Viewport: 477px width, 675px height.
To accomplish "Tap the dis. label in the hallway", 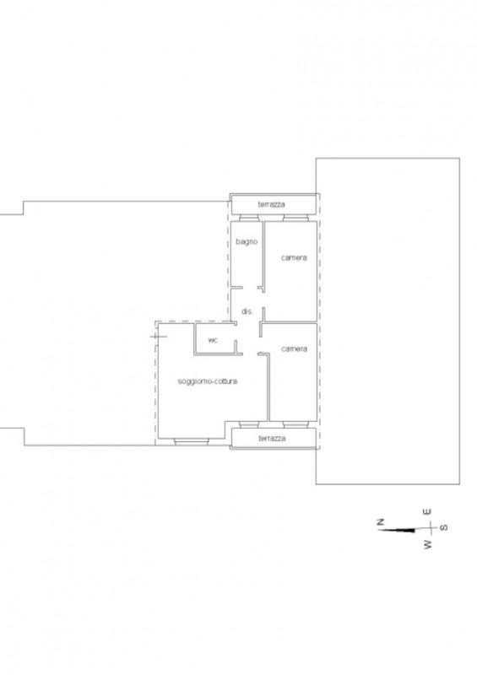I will [x=247, y=311].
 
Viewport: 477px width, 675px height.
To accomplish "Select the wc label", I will [x=213, y=340].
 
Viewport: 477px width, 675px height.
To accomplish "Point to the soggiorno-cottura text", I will [x=207, y=381].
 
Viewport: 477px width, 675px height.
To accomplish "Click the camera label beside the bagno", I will [x=294, y=257].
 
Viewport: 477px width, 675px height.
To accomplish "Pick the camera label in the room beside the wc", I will [x=294, y=348].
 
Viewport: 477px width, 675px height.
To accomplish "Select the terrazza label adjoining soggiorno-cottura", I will [x=272, y=439].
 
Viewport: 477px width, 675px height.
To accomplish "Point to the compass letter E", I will [x=427, y=511].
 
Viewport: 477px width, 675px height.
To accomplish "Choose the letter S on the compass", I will [x=444, y=527].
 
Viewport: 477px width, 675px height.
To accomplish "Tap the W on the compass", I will [x=427, y=545].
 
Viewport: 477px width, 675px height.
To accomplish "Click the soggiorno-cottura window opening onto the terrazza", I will [x=250, y=424].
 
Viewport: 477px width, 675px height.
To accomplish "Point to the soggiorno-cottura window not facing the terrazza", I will [x=192, y=440].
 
